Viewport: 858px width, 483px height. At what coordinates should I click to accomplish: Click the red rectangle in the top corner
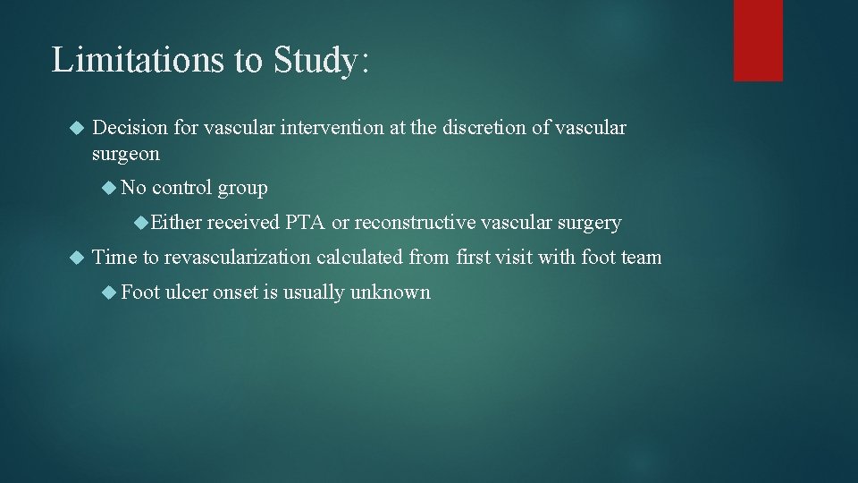pos(758,40)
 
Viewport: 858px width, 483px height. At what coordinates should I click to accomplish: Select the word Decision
pos(130,128)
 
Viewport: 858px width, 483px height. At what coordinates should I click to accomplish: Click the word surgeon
pos(126,154)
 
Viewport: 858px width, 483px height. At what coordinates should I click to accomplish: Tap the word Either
pos(175,223)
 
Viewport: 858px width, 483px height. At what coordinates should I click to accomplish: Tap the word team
pos(641,258)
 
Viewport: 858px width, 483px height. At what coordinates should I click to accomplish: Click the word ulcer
pos(186,292)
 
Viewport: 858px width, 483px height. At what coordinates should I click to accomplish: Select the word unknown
pos(391,292)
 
